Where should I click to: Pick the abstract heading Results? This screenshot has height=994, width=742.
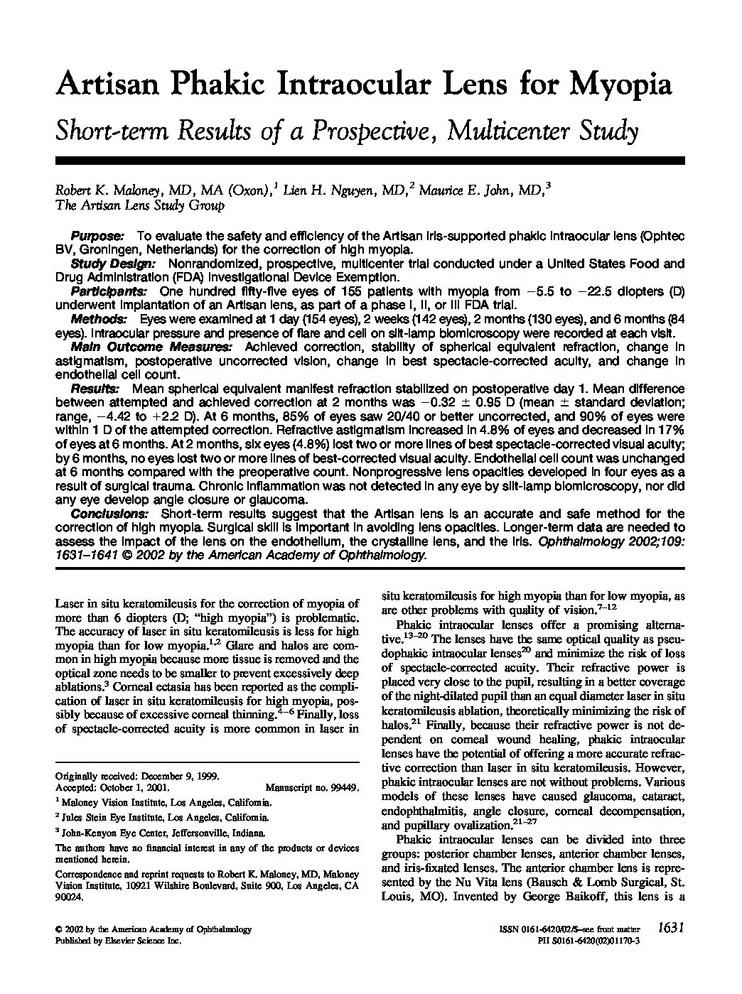pos(95,389)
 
